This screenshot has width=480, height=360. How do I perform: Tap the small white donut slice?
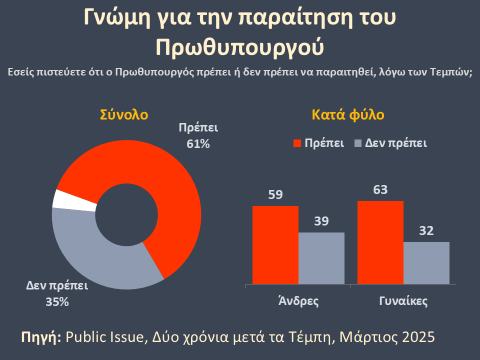(61, 198)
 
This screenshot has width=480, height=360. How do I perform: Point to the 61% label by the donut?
(198, 144)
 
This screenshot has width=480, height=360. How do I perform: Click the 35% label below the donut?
(57, 301)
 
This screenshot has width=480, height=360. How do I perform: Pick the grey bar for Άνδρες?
(321, 259)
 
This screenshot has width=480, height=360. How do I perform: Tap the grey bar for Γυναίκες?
(426, 264)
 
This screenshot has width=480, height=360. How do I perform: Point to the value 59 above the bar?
(275, 194)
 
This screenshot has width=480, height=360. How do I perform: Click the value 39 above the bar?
(321, 221)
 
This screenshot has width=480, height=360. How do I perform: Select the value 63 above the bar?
(380, 189)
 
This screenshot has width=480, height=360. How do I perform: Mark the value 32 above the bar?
(426, 230)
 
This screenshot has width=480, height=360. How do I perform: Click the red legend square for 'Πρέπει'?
(296, 143)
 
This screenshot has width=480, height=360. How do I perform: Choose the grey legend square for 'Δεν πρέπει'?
(357, 143)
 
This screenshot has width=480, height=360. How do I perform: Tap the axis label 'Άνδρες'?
(298, 301)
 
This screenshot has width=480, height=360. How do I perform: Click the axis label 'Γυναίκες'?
(403, 301)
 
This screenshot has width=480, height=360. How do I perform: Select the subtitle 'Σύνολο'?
(124, 114)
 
